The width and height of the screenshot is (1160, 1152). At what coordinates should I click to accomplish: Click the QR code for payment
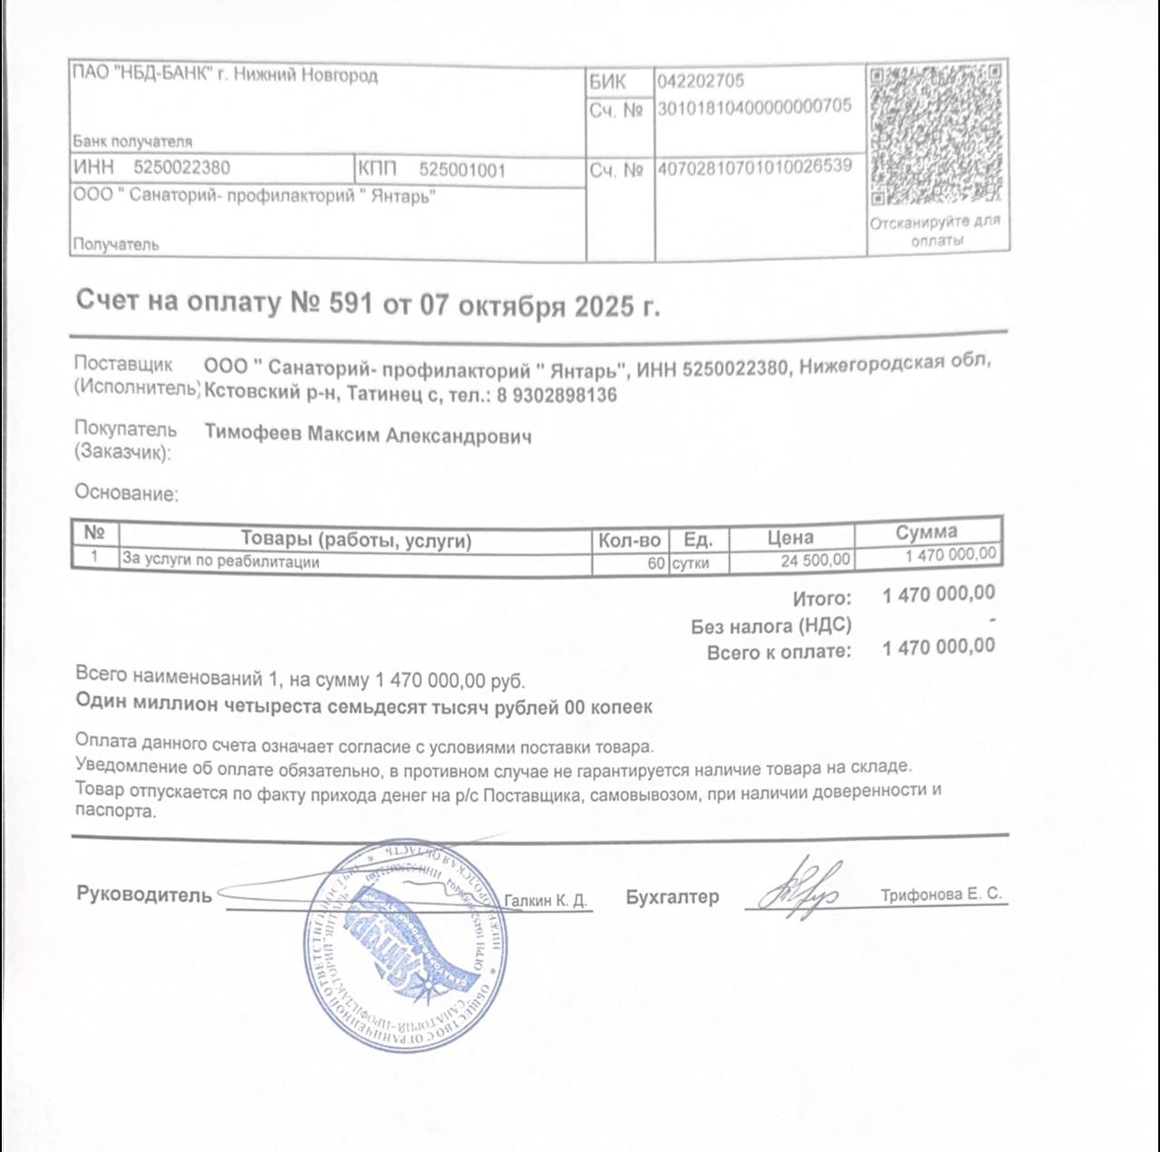[x=937, y=136]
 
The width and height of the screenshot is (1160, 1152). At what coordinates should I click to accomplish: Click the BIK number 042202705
[x=701, y=82]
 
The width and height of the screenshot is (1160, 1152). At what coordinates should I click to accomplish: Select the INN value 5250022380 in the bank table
[x=181, y=168]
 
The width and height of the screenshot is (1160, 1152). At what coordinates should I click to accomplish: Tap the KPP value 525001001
[x=462, y=169]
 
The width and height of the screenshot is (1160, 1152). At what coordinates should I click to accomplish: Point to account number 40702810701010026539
[x=755, y=167]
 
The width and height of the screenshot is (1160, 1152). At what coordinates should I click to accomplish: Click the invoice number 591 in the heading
[x=351, y=302]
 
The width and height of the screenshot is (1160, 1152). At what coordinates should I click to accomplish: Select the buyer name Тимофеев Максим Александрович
[x=368, y=435]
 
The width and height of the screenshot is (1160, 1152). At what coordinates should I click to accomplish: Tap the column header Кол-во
[x=629, y=540]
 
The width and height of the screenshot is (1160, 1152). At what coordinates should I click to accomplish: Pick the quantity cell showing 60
[x=655, y=562]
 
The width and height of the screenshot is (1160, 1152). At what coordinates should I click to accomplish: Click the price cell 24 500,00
[x=816, y=561]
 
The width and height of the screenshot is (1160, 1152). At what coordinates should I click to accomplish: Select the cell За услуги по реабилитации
[x=221, y=562]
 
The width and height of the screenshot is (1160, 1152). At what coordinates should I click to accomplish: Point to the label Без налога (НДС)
[x=770, y=626]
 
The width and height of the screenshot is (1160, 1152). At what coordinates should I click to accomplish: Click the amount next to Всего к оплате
[x=938, y=647]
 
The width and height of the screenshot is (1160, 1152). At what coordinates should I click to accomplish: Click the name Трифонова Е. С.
[x=941, y=895]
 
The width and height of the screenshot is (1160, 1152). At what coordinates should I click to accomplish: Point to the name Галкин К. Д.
[x=546, y=900]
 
